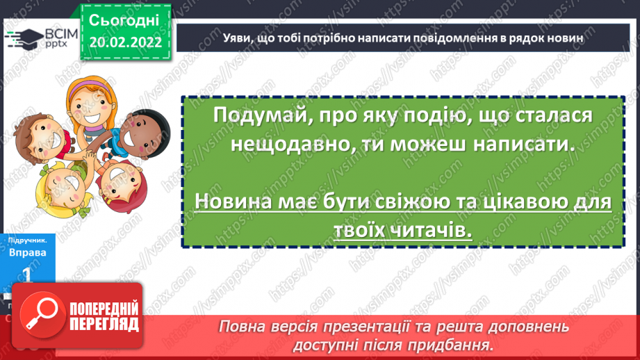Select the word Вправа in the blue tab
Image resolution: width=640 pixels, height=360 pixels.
28,253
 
